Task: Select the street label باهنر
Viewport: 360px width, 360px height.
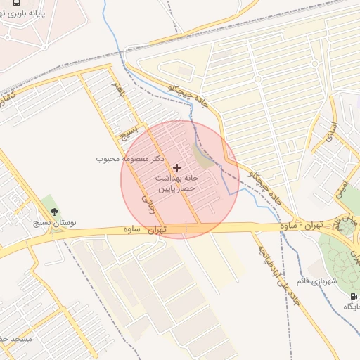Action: click(x=120, y=91)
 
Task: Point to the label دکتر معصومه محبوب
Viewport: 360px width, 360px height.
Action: click(x=131, y=159)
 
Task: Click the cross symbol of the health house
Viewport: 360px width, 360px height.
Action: click(x=176, y=167)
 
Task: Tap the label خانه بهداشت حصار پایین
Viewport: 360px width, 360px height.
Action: click(x=176, y=184)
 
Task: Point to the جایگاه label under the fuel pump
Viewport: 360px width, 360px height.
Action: click(x=351, y=307)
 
